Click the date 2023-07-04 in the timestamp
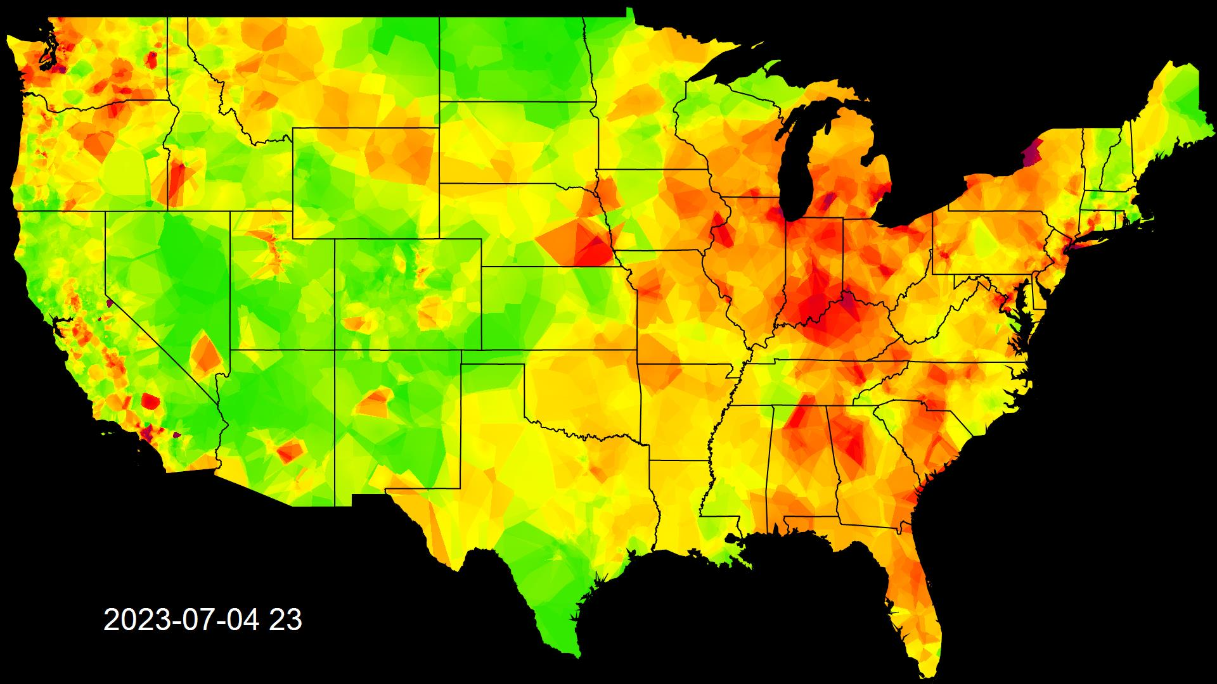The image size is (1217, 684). [x=181, y=620]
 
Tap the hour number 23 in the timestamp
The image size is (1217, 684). [x=285, y=620]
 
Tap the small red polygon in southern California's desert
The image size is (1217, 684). [x=150, y=401]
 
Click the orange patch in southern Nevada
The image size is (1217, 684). [x=207, y=353]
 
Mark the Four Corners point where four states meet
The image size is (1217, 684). [x=335, y=350]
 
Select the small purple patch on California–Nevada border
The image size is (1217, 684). [x=110, y=303]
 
